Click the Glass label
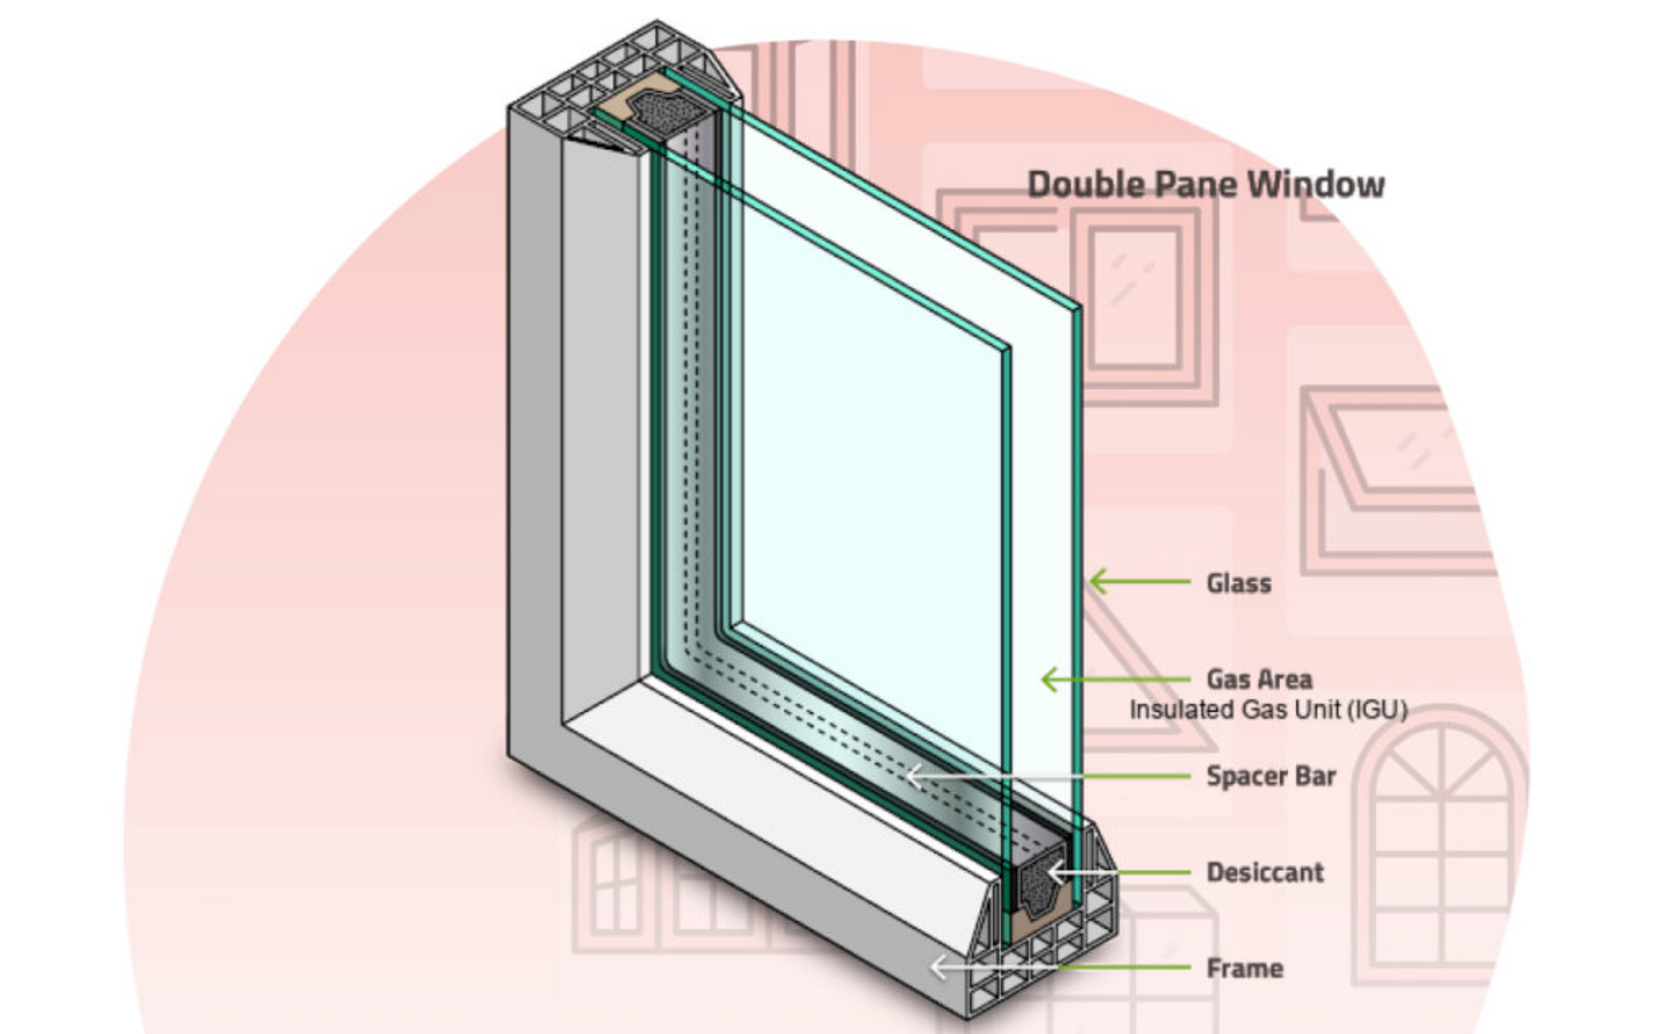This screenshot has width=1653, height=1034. [x=1239, y=584]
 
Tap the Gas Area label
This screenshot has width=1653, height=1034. [x=1260, y=679]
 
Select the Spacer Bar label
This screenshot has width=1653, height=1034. [x=1271, y=776]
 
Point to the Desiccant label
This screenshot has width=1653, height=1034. [x=1265, y=872]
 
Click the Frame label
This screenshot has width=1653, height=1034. [x=1245, y=969]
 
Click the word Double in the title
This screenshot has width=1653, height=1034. [x=1085, y=184]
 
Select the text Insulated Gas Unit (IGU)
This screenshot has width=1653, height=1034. [x=1268, y=710]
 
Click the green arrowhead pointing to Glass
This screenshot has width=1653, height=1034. [x=1099, y=582]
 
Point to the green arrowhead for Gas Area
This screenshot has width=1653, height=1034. [x=1050, y=679]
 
